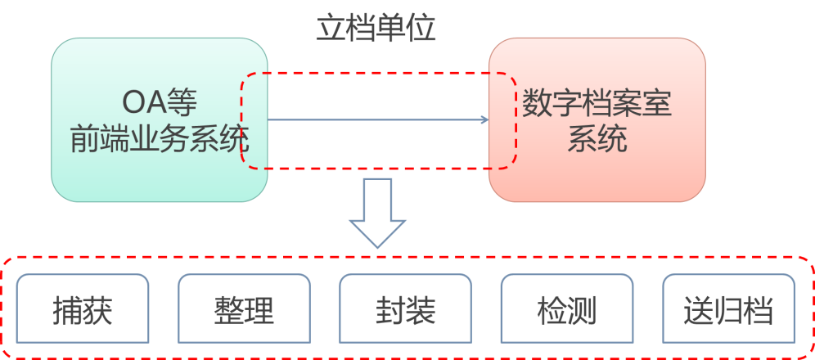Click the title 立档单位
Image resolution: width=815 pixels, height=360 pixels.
coord(376,28)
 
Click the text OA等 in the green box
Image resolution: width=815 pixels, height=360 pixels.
coord(160,102)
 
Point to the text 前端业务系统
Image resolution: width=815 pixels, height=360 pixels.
coord(159,138)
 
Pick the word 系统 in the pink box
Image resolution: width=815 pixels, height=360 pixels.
coord(597,138)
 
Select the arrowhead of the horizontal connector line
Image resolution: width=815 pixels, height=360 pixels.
coord(484,120)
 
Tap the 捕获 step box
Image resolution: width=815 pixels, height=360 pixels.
coord(82,308)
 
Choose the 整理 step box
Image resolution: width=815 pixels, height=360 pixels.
coord(244,308)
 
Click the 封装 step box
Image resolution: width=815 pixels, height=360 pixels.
coord(405,308)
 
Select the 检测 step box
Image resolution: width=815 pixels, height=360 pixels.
coord(566,308)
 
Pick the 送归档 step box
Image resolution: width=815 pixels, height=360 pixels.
coord(727,308)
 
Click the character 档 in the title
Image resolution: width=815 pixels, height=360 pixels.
coord(360,28)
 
